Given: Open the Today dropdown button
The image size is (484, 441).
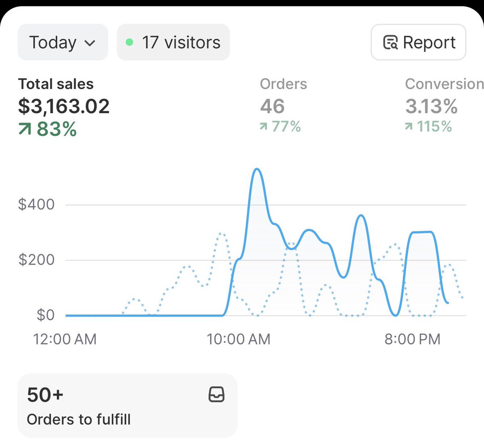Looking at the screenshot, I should coord(63,42).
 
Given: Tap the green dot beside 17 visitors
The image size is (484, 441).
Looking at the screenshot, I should coord(129,42).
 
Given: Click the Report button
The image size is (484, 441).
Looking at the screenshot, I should coord(418,42).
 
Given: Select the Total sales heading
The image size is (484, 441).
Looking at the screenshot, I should coord(56,84).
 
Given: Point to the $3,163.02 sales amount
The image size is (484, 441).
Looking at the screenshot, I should coord(64,106).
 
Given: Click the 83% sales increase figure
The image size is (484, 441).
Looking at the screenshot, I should coord(48,129).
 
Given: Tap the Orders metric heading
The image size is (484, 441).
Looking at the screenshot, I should coord(283,84).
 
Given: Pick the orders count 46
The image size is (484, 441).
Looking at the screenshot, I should coord(272,106).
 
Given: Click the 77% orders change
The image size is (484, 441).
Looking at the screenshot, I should coord(280,126).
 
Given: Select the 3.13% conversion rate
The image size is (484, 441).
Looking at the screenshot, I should coord(431,106).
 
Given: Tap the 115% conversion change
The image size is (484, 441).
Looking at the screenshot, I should coord(428,126).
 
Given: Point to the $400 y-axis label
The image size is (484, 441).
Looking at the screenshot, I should coord(36,204).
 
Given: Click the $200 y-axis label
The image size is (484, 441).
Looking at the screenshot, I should coord(36,260).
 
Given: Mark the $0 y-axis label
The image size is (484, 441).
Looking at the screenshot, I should coord(45,315).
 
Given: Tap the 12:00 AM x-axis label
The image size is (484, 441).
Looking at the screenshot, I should coord(65,339).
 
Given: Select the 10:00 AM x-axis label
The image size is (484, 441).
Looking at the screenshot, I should coord(238,339).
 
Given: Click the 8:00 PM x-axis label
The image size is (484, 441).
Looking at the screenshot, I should coord(412,339).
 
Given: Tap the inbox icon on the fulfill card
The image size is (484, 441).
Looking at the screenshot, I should coord(216,394).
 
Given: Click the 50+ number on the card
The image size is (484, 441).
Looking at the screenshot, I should coord(45,395).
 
